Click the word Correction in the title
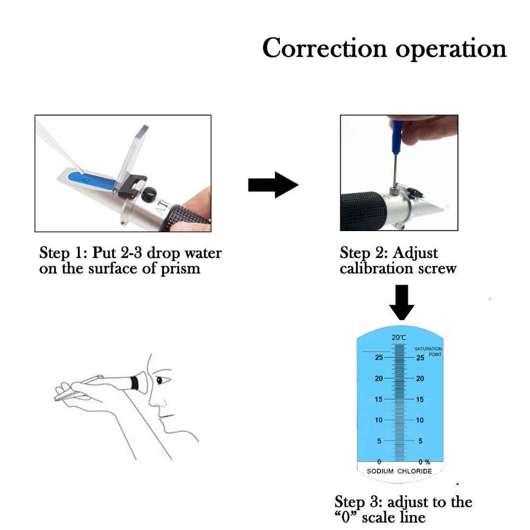point(324,48)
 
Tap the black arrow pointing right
point(273,185)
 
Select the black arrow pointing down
point(401,302)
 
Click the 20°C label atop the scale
point(399,338)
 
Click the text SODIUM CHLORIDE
point(399,471)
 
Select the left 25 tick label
point(378,358)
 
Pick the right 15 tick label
point(419,400)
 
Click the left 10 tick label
point(378,420)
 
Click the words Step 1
point(57,253)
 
